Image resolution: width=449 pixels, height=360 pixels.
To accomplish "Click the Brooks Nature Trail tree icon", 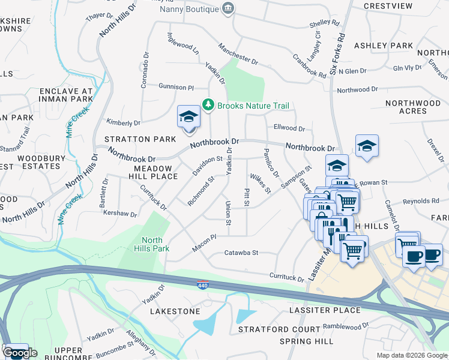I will pyautogui.click(x=208, y=105).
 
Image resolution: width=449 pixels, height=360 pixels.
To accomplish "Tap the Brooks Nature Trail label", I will pyautogui.click(x=253, y=106).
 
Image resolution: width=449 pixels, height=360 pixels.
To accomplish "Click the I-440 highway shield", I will pyautogui.click(x=203, y=282).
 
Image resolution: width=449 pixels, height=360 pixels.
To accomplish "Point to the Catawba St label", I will pyautogui.click(x=241, y=253).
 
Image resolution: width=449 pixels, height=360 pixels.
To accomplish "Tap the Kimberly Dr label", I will pyautogui.click(x=123, y=122).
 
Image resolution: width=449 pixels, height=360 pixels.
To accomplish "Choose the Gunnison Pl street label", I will pyautogui.click(x=176, y=87).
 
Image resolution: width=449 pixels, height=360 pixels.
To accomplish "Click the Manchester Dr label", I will pyautogui.click(x=238, y=54).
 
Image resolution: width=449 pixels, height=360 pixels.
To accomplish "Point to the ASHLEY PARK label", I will pyautogui.click(x=384, y=46).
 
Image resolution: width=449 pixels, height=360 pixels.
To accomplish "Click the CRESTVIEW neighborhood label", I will pyautogui.click(x=388, y=6).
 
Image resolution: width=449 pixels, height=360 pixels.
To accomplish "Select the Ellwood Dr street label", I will pyautogui.click(x=289, y=128).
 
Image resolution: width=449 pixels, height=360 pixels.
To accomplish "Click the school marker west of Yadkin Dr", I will pyautogui.click(x=188, y=116).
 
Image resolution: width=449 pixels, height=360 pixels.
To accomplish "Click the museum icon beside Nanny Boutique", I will pyautogui.click(x=228, y=8).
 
